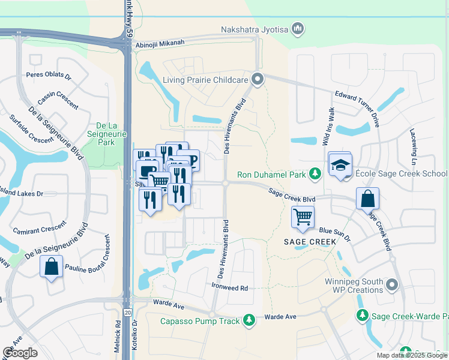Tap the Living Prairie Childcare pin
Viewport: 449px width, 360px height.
point(258,79)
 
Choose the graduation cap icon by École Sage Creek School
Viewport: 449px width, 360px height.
point(340,165)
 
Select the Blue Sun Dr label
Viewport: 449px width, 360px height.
point(334,230)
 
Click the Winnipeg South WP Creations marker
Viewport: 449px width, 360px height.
point(392,284)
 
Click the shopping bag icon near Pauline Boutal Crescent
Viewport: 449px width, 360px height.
point(52,266)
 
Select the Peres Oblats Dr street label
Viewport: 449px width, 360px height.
point(49,77)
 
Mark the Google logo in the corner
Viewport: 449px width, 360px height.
point(20,353)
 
